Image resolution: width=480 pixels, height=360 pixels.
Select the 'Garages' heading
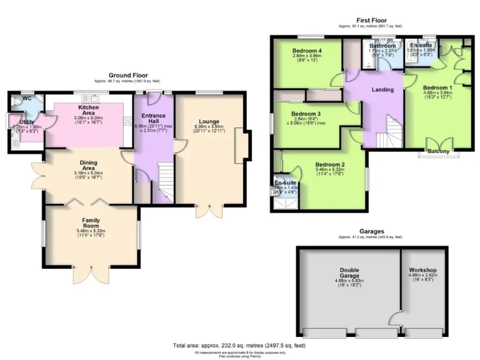[x=371, y=231]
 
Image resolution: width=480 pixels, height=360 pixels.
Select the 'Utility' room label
[x=26, y=122]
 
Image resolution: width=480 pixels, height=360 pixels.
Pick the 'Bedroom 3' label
[x=306, y=114]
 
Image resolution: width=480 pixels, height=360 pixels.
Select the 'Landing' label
[x=382, y=89]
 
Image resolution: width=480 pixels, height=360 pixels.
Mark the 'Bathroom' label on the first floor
[x=382, y=46]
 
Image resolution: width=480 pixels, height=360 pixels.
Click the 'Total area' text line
[x=239, y=346]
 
